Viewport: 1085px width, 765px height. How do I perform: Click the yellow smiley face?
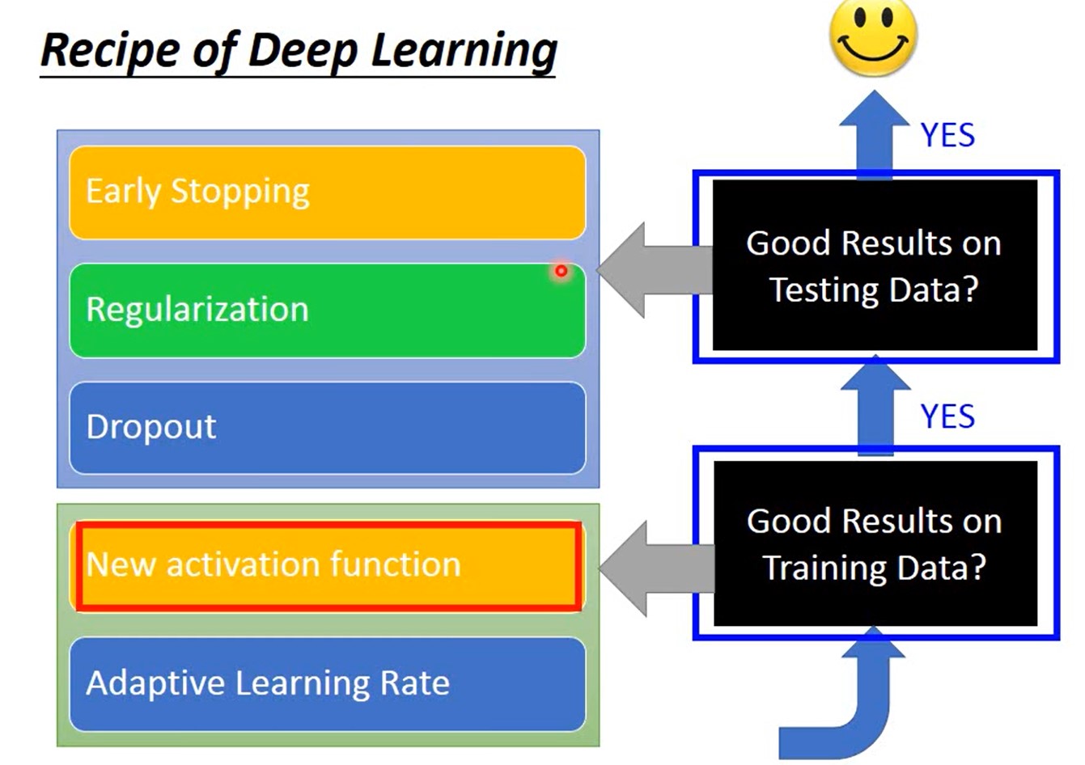tap(873, 36)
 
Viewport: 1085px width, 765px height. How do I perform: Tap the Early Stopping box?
tap(327, 192)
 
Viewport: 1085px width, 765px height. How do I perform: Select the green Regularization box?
tap(327, 310)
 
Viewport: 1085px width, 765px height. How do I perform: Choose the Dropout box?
tap(327, 427)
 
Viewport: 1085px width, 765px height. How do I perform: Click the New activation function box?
tap(327, 564)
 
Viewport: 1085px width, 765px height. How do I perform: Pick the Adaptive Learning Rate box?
tap(327, 683)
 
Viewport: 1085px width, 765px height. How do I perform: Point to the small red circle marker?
tap(561, 271)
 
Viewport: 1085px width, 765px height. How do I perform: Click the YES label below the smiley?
tap(947, 135)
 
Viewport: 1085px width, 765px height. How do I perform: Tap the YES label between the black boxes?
tap(947, 416)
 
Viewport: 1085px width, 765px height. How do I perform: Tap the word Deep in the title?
tap(303, 50)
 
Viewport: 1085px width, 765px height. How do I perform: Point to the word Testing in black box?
tap(823, 290)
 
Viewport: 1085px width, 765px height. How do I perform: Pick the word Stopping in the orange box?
tap(239, 192)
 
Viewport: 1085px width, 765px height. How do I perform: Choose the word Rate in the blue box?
tap(417, 683)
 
